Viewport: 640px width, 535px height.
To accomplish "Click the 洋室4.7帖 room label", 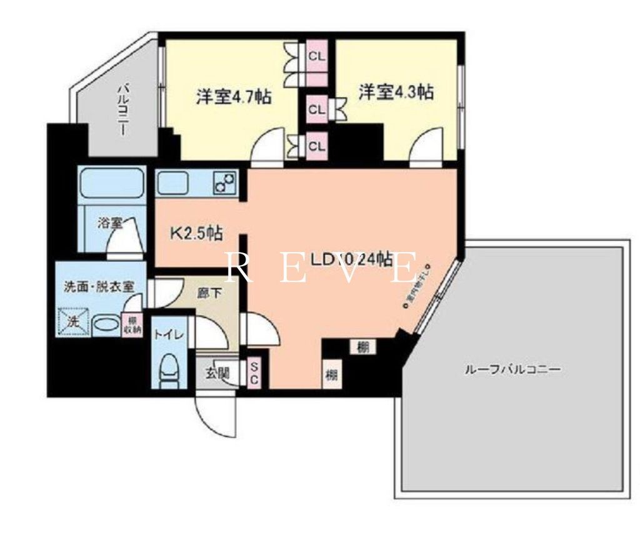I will [234, 97].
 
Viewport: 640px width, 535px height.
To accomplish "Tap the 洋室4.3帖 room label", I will [396, 92].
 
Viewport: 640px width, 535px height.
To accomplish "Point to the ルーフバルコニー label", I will [512, 369].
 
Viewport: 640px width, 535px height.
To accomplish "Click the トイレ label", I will [168, 334].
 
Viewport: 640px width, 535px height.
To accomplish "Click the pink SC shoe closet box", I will [255, 373].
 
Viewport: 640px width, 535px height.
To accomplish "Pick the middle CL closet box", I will [317, 109].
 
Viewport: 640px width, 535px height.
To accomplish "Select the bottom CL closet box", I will [317, 147].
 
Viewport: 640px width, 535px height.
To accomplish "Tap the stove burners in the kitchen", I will [224, 182].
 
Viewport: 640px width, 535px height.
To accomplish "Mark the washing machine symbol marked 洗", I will [73, 322].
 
